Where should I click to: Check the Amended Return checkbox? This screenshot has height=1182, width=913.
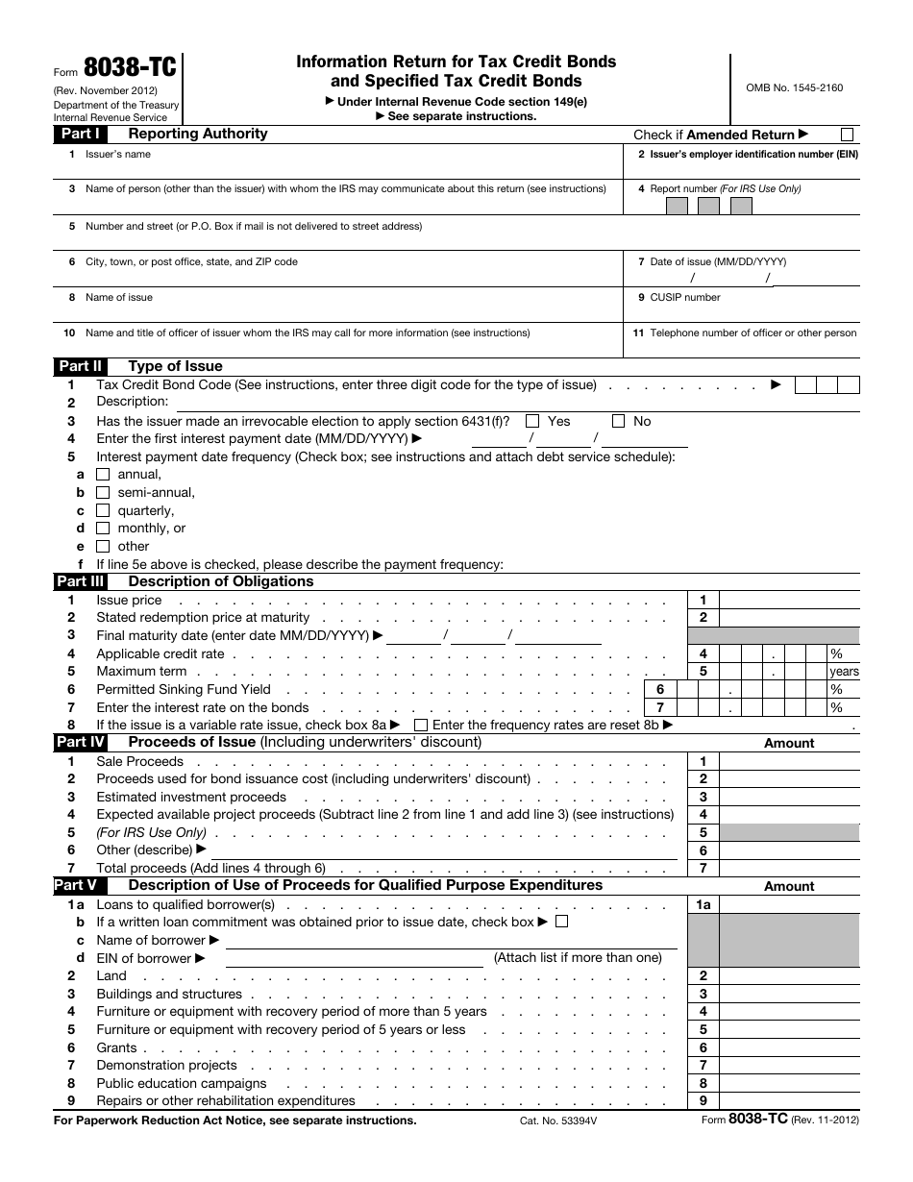coord(847,135)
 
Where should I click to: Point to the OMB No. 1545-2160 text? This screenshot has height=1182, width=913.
coord(794,87)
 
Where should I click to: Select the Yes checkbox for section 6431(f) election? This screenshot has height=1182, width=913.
coord(532,421)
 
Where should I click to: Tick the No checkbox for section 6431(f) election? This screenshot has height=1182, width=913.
coord(619,421)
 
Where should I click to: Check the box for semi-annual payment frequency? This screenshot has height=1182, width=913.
coord(104,492)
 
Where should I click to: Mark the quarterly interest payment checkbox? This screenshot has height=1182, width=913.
coord(104,510)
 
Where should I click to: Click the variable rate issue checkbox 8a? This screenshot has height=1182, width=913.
coord(421,725)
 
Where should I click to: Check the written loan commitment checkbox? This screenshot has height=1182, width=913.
coord(562,922)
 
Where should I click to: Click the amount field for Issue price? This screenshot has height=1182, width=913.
coord(789,600)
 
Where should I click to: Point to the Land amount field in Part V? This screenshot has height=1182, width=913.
coord(789,975)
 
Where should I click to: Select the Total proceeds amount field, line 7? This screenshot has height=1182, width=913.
coord(789,868)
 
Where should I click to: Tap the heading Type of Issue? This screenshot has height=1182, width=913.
coord(175,366)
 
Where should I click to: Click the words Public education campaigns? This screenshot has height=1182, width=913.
coord(182,1083)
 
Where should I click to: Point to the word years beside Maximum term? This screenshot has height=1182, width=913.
coord(844,672)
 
